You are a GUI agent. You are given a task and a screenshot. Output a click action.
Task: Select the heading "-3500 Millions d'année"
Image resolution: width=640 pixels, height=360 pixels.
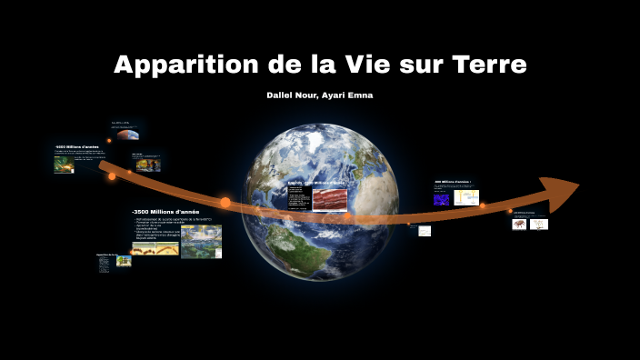tap(165, 212)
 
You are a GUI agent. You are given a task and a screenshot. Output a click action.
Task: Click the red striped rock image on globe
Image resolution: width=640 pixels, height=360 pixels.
tap(330, 198)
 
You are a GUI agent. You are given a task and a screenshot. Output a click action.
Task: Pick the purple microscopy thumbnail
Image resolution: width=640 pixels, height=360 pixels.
tap(442, 198)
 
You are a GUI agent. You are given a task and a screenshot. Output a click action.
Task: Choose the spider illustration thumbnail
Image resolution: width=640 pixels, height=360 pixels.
tap(519, 224)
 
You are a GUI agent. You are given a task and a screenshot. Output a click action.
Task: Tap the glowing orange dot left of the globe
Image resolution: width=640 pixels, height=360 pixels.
tap(225, 202)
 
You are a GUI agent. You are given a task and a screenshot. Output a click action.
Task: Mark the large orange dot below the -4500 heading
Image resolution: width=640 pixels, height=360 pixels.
tap(112, 176)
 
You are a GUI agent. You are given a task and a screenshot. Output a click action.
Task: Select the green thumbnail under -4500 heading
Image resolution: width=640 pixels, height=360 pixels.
tap(64, 166)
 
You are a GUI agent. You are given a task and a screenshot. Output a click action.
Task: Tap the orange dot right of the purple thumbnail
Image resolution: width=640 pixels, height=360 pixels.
tap(484, 205)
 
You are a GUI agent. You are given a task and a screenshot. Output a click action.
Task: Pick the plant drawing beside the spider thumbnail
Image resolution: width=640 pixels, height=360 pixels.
tap(539, 224)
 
